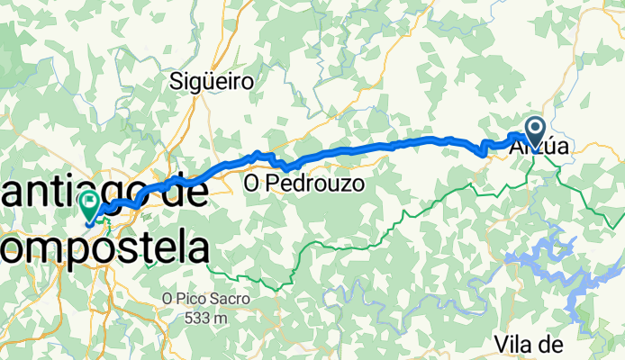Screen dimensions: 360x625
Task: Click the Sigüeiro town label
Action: [x=212, y=82]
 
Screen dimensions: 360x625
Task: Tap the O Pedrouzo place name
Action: [x=303, y=185]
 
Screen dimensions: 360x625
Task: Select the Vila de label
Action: [x=530, y=344]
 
